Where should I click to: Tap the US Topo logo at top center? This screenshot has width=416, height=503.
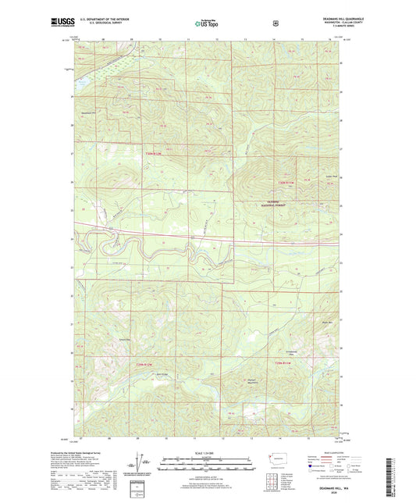[207, 24]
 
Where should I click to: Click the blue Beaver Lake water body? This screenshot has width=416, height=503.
[81, 77]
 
